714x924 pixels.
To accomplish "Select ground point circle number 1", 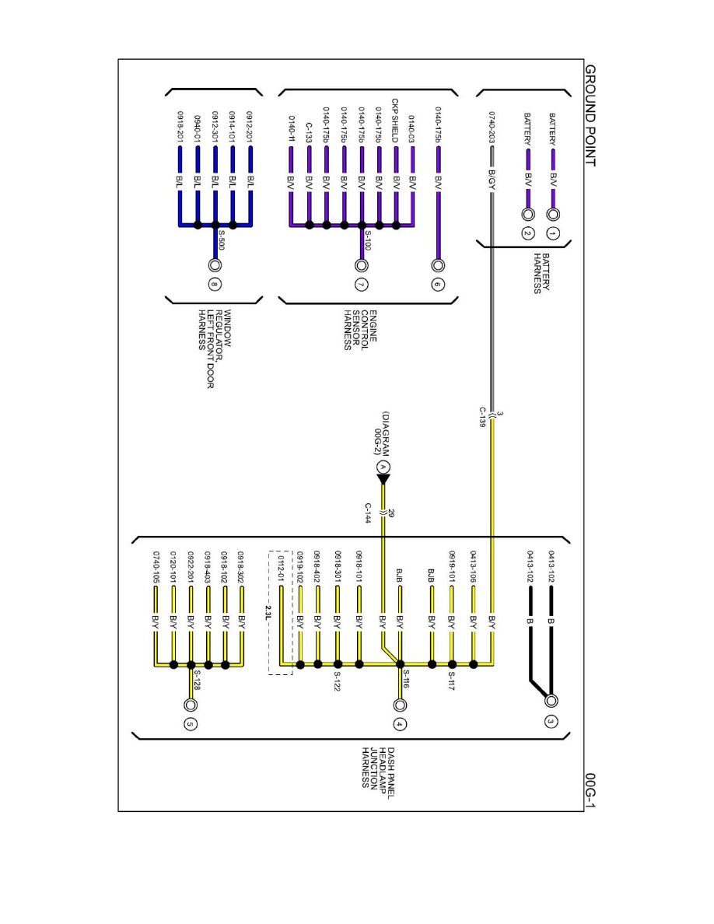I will [x=553, y=233].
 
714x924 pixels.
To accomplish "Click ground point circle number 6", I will [x=437, y=285].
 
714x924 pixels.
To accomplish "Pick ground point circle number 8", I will [x=215, y=284].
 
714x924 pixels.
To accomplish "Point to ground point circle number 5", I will [x=190, y=724].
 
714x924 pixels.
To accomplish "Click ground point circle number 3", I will [x=550, y=720].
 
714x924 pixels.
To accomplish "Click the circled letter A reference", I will [x=382, y=467].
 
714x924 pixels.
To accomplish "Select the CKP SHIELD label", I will [x=395, y=120].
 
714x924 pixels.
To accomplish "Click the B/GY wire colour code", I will [x=492, y=180].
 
